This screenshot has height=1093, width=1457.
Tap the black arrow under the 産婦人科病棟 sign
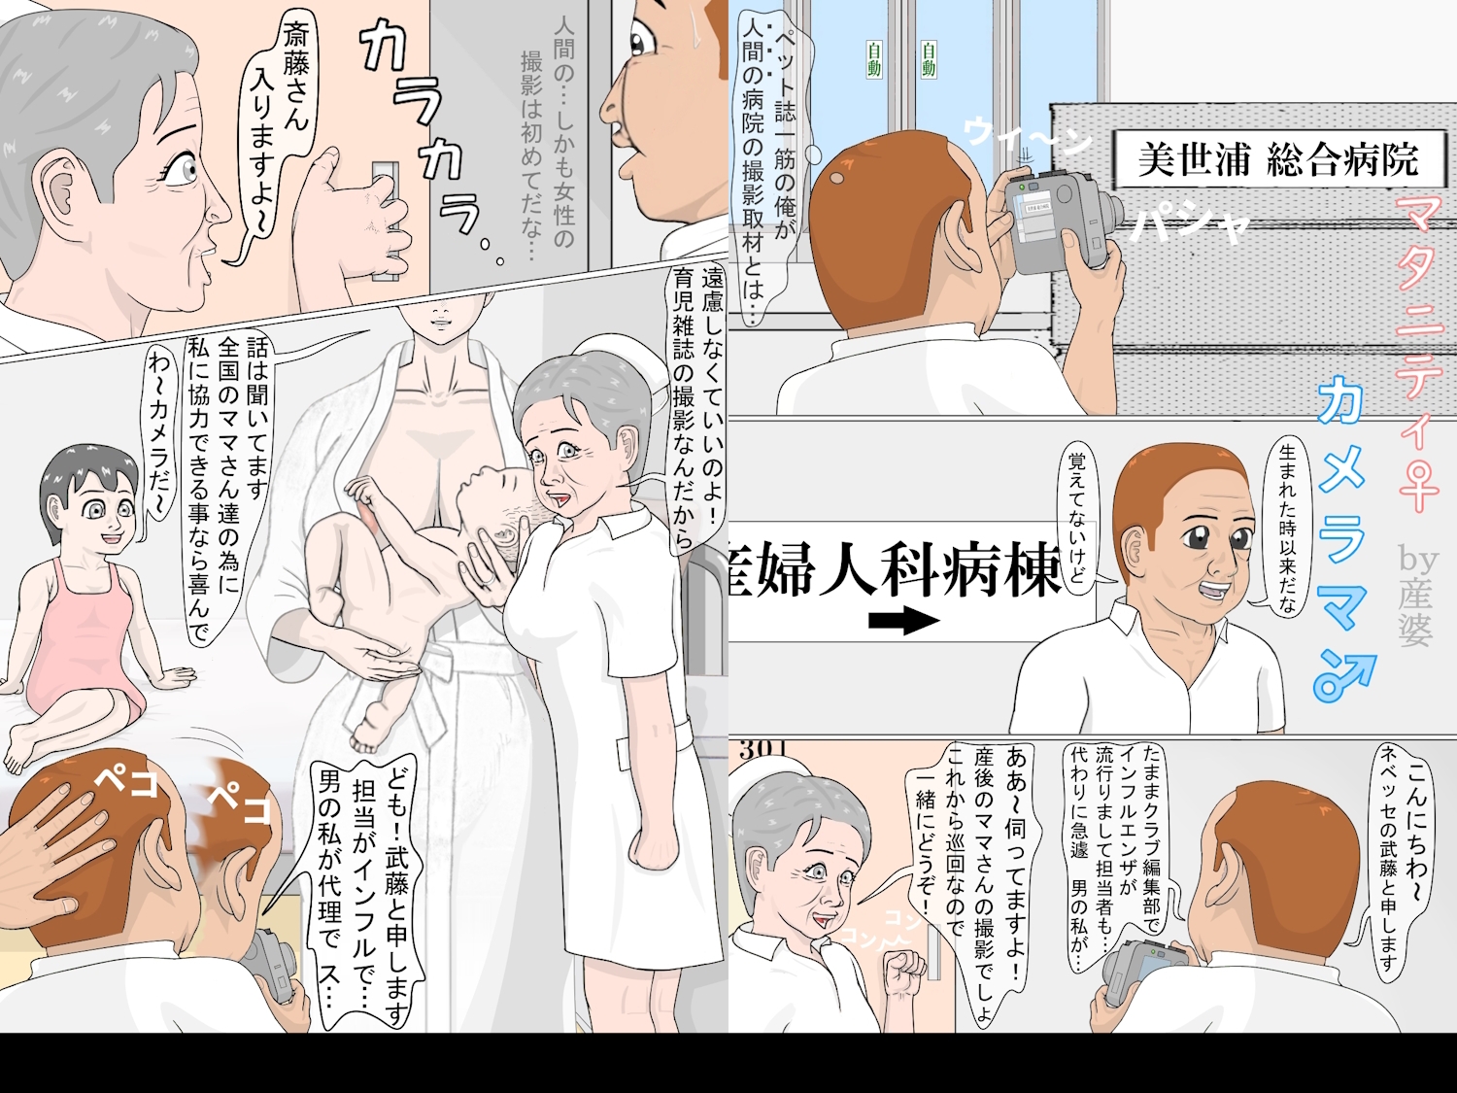903,621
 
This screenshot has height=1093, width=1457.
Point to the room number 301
762,749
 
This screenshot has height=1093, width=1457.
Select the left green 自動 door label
874,59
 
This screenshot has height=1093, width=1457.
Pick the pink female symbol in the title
1419,487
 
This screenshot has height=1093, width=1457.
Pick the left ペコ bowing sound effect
126,778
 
